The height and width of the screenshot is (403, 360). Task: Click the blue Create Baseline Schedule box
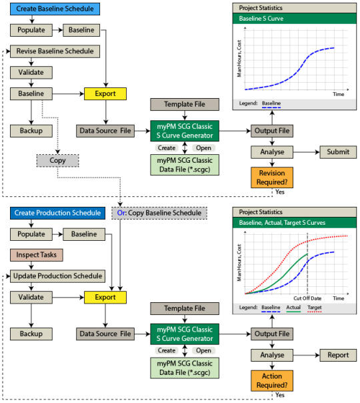[55, 9]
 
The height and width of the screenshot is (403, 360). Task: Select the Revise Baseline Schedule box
[55, 51]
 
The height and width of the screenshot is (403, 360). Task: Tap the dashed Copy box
[58, 161]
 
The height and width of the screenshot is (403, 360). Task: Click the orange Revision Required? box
[272, 177]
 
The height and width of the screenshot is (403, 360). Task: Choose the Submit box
[338, 152]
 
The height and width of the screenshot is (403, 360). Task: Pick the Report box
[338, 355]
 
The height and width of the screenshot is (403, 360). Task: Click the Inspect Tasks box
[37, 255]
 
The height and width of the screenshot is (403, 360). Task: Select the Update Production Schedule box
[58, 276]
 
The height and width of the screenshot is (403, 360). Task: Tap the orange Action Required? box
[272, 381]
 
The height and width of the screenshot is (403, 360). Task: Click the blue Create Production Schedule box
[58, 213]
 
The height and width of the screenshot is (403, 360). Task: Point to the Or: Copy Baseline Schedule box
[159, 213]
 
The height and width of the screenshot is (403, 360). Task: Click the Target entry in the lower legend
[315, 308]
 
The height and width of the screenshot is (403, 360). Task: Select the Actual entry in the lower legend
[293, 308]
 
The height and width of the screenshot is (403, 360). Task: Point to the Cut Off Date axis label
[307, 298]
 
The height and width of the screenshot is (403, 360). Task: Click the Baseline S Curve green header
[295, 19]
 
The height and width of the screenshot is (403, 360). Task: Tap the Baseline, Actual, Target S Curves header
[295, 223]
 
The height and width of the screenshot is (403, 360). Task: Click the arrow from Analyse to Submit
[307, 152]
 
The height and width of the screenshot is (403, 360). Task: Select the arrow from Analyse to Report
[307, 355]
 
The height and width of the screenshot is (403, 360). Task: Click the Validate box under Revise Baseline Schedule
[31, 73]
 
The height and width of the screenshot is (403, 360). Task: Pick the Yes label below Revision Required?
[280, 192]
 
